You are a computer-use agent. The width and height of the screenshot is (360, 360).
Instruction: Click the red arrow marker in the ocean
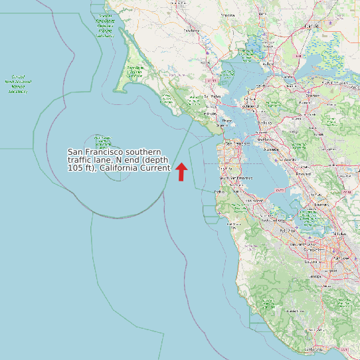point(181,171)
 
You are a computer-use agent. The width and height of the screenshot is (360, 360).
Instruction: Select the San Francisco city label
point(237,143)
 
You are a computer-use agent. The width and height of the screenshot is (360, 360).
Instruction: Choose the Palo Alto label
point(288,230)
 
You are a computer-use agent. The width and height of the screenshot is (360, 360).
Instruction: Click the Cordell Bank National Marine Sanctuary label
point(21,84)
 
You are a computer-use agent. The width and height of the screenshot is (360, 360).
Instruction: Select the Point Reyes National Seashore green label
point(135,72)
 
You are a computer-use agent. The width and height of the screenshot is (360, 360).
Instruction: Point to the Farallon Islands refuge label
point(103,143)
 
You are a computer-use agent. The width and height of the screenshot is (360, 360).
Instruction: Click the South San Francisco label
point(236,177)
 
